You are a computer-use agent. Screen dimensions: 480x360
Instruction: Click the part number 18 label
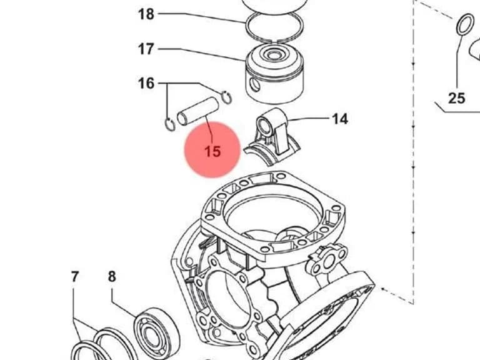[146, 14]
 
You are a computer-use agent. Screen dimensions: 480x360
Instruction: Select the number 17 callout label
[146, 49]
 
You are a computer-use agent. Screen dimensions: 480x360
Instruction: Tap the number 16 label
[146, 84]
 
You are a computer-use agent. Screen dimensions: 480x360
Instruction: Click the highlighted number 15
[212, 151]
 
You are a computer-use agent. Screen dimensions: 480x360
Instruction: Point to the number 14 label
[340, 119]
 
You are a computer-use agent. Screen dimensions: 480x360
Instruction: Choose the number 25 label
[457, 99]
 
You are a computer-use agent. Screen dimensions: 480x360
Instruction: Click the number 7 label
[75, 277]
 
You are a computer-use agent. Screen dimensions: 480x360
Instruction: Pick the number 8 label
[112, 277]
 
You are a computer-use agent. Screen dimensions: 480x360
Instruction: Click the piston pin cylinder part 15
[198, 111]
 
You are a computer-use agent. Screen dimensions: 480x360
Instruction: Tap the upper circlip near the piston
[227, 98]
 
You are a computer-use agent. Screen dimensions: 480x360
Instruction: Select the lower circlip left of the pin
[170, 124]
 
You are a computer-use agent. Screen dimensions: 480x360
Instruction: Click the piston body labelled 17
[274, 75]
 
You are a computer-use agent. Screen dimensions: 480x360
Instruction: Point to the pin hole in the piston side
[254, 85]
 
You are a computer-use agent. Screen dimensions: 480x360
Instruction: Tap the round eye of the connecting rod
[264, 126]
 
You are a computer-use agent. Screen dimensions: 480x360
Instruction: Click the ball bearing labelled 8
[157, 332]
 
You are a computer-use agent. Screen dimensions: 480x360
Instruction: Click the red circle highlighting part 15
[212, 150]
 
